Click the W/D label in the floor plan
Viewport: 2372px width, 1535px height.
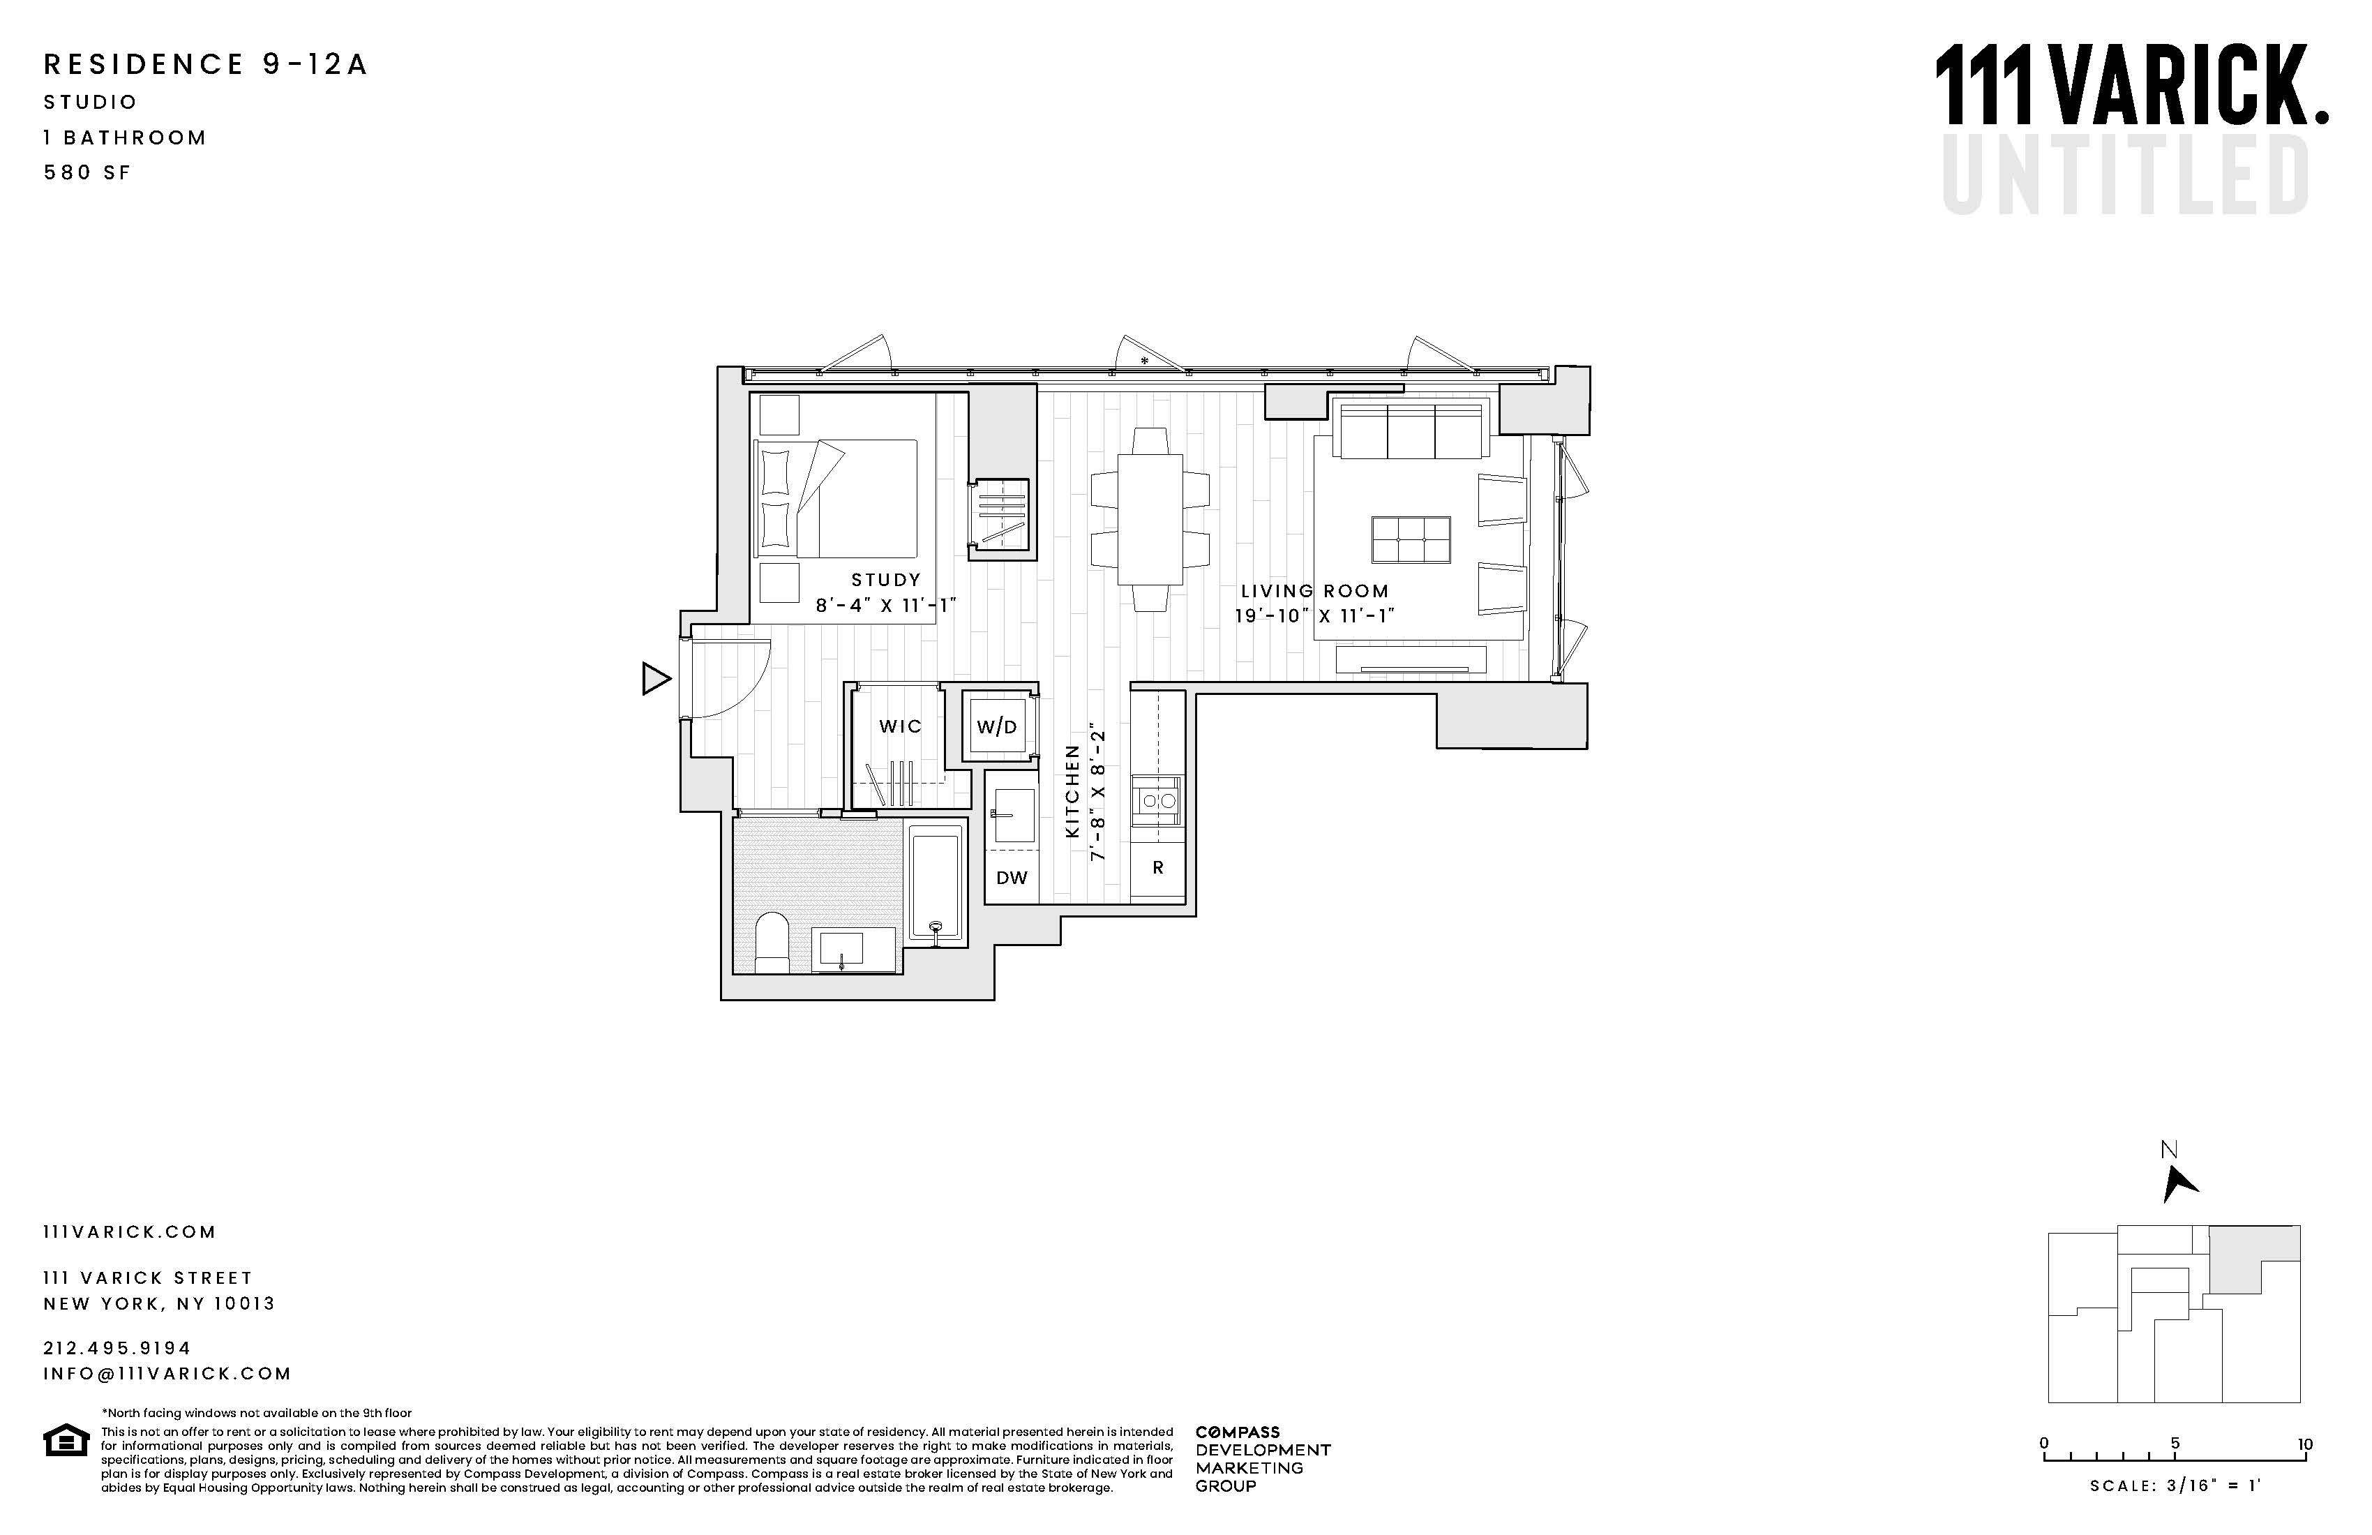tap(997, 726)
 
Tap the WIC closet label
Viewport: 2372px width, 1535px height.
tap(900, 726)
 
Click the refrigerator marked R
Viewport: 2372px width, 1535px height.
tap(1158, 868)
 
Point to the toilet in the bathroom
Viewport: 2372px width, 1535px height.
tap(772, 941)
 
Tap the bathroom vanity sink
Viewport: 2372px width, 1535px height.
tap(842, 948)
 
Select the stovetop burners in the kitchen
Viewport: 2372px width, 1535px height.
tap(1158, 800)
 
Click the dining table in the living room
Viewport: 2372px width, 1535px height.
tap(1150, 518)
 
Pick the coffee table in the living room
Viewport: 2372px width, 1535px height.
tap(1410, 539)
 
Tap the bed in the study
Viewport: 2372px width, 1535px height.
tap(837, 498)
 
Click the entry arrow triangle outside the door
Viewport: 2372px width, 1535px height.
tap(656, 679)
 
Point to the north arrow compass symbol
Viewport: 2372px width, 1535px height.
tap(2179, 1183)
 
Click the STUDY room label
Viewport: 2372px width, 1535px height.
tap(886, 580)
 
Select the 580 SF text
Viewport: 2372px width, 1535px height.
tap(88, 172)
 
